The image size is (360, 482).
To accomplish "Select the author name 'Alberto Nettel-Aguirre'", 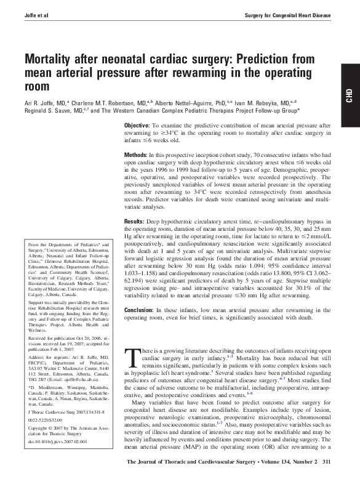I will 191,102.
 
